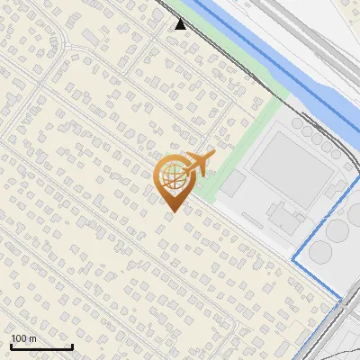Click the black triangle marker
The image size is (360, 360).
[181, 24]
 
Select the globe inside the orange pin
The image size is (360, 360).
[171, 177]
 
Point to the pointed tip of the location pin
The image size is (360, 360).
[171, 211]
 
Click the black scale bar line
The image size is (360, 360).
[41, 347]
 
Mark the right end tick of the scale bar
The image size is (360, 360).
[72, 346]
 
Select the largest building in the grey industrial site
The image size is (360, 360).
[285, 167]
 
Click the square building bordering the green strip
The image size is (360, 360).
[233, 185]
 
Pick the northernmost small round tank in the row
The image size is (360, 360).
[296, 122]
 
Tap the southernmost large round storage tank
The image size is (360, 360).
[319, 253]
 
